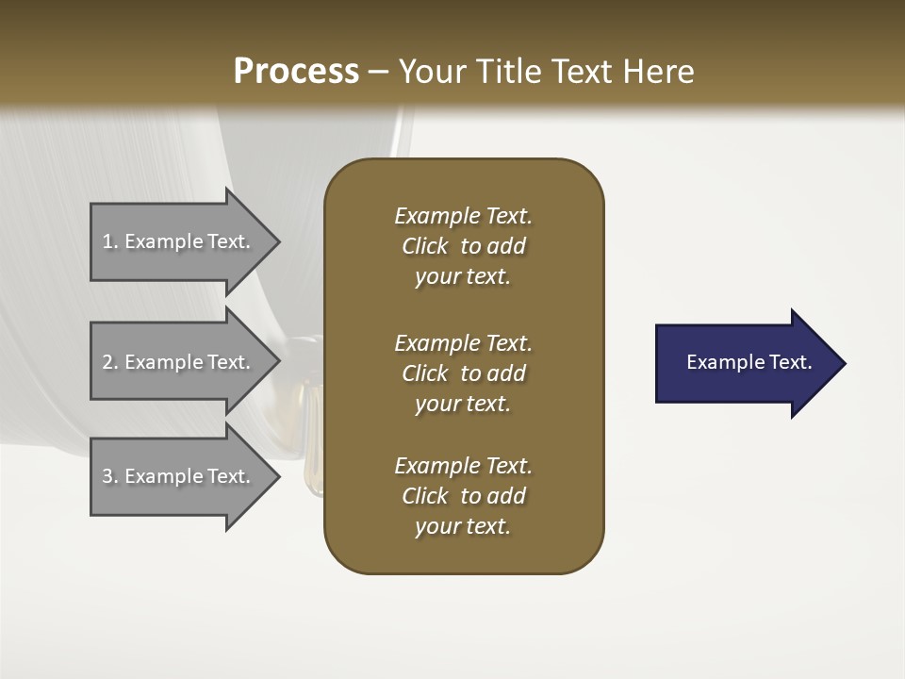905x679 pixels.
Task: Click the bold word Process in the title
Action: [296, 72]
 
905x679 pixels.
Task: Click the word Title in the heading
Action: [506, 72]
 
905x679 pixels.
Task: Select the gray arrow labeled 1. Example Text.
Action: [179, 241]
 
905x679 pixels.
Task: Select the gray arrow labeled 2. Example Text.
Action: [179, 362]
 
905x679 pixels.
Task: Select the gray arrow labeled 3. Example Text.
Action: [179, 476]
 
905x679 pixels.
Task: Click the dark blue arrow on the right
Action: [745, 363]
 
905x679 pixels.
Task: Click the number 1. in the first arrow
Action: [109, 241]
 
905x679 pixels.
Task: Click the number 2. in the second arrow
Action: [109, 362]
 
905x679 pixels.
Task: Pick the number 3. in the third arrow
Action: [109, 476]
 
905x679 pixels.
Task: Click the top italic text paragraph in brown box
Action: [463, 246]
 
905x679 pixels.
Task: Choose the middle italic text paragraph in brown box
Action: [463, 373]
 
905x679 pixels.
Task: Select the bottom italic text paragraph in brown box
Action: [463, 496]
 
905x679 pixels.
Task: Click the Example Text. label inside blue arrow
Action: [749, 362]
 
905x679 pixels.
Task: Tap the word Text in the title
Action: [582, 72]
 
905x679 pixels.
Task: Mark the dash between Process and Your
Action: [379, 73]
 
